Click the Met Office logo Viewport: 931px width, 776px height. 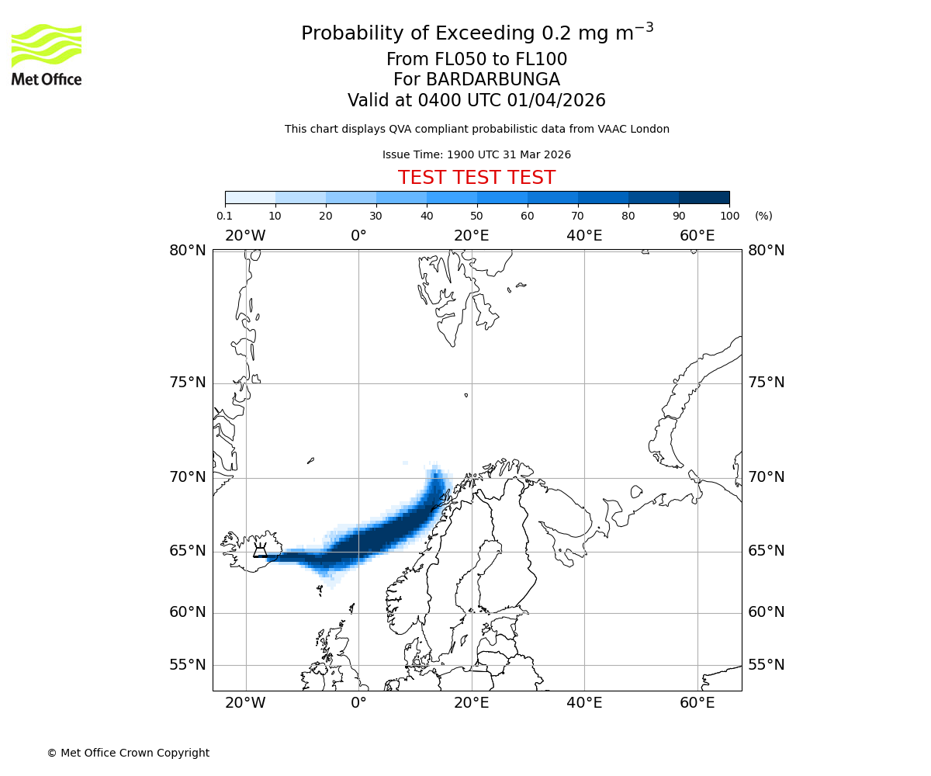point(47,54)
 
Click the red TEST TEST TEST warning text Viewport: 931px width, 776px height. point(476,178)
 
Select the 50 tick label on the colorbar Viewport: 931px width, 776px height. point(476,216)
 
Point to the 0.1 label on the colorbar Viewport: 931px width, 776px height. point(225,216)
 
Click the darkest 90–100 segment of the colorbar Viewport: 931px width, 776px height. point(704,197)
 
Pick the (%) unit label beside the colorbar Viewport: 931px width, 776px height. point(763,216)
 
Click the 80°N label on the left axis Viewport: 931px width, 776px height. point(188,250)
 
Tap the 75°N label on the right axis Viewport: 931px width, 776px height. point(766,383)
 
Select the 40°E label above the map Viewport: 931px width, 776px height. point(584,236)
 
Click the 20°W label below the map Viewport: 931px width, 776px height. point(245,703)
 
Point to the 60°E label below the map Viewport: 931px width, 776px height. point(697,703)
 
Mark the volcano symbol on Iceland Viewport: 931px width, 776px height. point(260,550)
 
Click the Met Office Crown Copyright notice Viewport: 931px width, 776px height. point(128,753)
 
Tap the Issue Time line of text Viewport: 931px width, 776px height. point(476,154)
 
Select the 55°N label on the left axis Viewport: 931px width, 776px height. point(188,665)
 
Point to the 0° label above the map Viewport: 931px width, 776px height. point(358,236)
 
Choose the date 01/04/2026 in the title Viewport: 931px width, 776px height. point(556,101)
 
